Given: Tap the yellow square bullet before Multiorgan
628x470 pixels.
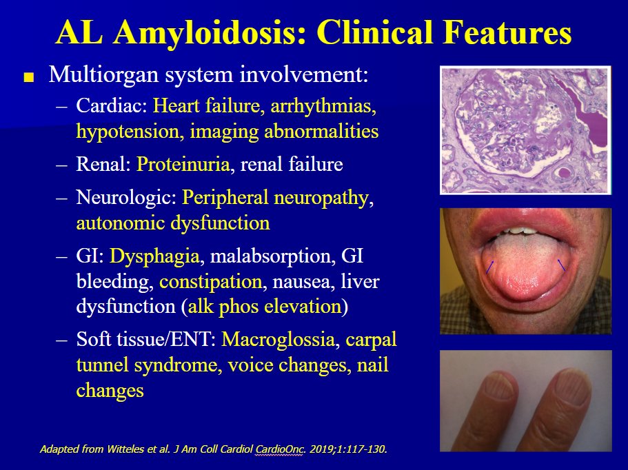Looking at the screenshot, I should tap(29, 77).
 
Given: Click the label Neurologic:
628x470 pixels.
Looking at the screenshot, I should tap(127, 198).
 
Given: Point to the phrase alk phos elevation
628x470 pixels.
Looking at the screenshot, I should tap(265, 307).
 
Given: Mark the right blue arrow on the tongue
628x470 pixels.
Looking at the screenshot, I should tap(562, 264).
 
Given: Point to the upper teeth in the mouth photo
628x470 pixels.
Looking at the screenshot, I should tap(522, 232).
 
